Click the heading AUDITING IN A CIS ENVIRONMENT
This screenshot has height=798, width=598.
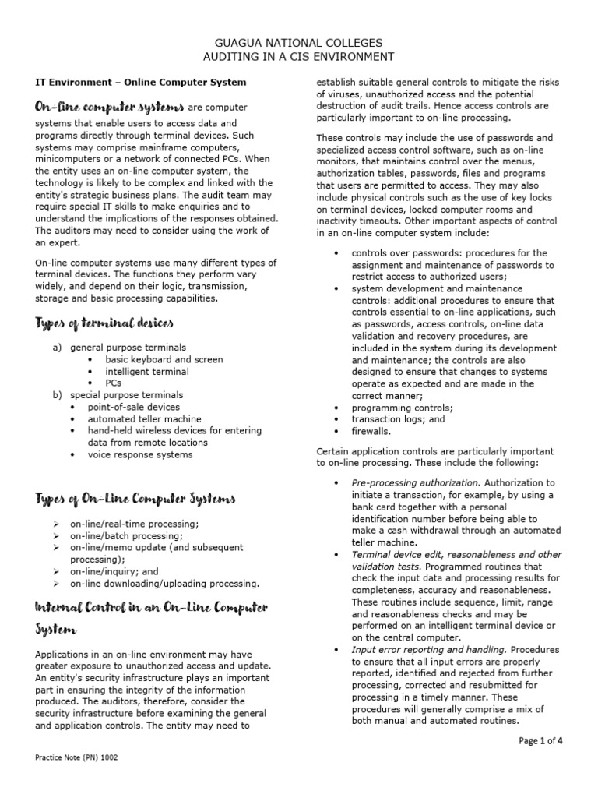coord(299,57)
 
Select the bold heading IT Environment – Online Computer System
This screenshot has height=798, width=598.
coord(142,82)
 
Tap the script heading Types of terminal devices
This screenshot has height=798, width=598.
coord(105,323)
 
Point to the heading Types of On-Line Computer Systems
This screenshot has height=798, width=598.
coord(136,498)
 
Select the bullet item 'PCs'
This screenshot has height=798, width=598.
coord(114,383)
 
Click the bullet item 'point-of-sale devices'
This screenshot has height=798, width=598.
coord(133,407)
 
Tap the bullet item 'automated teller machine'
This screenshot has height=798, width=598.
coord(143,418)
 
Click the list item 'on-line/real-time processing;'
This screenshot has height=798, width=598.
coord(134,524)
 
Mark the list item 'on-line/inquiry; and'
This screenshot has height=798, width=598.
coord(114,571)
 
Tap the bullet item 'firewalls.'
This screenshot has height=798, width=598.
coord(371,430)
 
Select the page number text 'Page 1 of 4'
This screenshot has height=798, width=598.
coord(540,741)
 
